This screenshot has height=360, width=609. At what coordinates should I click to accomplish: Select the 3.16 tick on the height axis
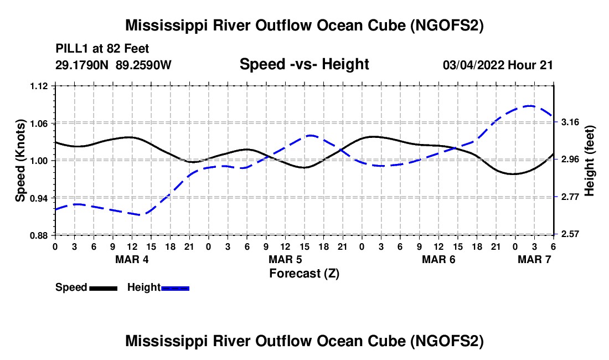click(570, 122)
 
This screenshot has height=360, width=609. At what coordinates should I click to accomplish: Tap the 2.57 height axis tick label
click(570, 234)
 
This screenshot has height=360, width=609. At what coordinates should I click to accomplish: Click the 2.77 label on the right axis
click(570, 197)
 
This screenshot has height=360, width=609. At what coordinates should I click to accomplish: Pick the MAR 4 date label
click(132, 259)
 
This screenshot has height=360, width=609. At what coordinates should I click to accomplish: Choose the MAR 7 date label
click(534, 259)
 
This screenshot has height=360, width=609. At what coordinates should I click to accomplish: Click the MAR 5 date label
click(286, 259)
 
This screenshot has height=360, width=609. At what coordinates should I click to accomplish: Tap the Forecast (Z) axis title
click(304, 274)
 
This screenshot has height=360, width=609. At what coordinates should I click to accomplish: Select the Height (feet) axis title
click(590, 161)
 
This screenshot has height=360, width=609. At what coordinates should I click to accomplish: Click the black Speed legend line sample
click(104, 288)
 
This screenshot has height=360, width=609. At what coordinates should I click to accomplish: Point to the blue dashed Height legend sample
click(175, 288)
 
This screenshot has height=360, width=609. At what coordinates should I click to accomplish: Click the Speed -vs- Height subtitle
click(304, 64)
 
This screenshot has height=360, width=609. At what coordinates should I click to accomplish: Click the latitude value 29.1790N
click(82, 65)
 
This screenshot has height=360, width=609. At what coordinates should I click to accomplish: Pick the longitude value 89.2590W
click(143, 65)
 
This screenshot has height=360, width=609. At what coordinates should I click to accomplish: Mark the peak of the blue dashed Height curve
click(529, 106)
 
